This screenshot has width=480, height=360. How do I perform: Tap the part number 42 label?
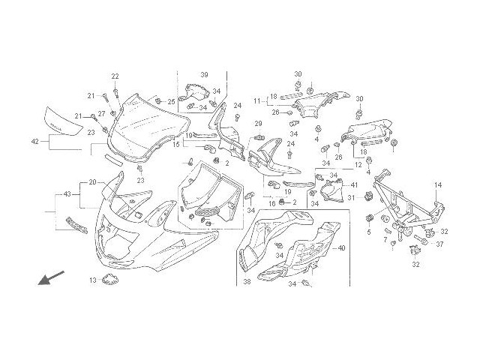[x=35, y=141]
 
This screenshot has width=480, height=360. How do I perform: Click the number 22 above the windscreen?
[x=115, y=76]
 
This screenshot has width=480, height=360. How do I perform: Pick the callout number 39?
[x=203, y=74]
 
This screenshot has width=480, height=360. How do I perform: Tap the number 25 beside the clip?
[x=171, y=101]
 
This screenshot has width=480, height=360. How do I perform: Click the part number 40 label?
[x=341, y=248]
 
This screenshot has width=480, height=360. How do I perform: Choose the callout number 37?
[x=439, y=244]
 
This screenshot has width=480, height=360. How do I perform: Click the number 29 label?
[x=256, y=124]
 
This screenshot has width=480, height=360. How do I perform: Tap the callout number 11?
[x=256, y=100]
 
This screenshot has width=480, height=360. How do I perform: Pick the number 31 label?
[x=349, y=198]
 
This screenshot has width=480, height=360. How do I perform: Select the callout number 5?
[x=368, y=232]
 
